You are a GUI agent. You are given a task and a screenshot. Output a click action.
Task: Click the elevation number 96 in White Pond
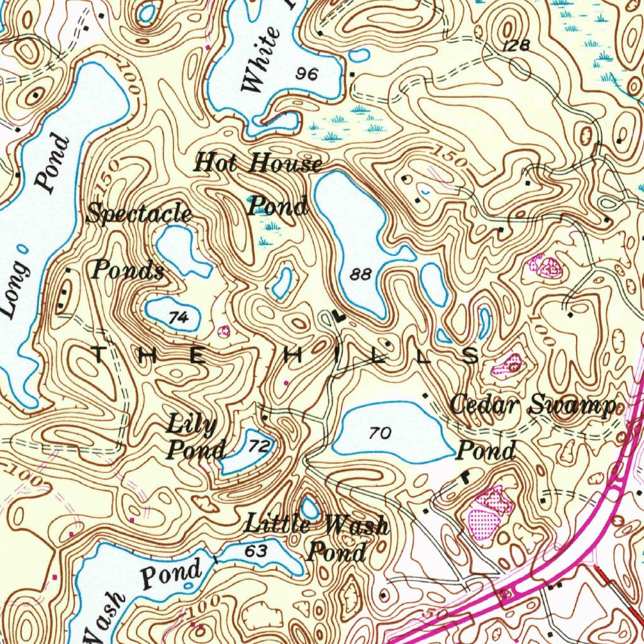(x=308, y=74)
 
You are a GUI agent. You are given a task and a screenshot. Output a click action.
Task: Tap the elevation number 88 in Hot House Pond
(x=361, y=274)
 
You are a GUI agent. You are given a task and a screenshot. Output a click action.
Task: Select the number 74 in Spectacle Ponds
(x=179, y=318)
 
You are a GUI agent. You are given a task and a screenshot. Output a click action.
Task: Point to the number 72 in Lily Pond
(x=258, y=447)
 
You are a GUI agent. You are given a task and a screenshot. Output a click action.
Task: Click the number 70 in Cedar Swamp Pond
(x=380, y=433)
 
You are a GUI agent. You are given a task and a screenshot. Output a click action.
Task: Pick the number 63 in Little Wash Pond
(x=257, y=551)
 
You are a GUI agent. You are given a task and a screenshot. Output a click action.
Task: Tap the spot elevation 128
(x=517, y=45)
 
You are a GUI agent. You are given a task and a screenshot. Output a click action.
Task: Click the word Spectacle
(x=139, y=214)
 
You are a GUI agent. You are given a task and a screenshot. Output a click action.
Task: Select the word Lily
(x=191, y=425)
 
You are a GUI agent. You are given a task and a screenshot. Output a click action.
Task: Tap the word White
(x=261, y=60)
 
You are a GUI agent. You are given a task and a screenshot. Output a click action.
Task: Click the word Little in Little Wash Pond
(x=277, y=523)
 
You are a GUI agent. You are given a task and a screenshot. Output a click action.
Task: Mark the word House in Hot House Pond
(x=285, y=164)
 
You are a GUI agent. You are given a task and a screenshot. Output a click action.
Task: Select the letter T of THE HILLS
(x=101, y=356)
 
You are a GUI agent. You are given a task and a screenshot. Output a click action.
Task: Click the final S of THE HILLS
(x=470, y=357)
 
